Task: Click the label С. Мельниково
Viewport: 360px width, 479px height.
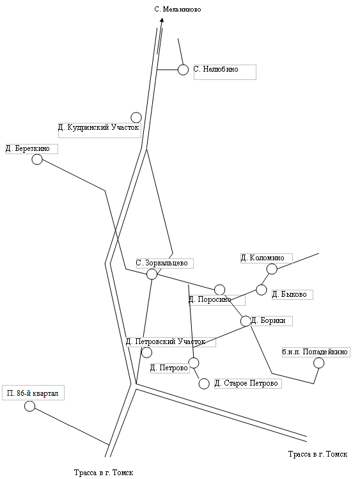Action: click(x=178, y=10)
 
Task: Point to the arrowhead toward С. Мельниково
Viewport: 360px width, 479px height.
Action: click(x=162, y=20)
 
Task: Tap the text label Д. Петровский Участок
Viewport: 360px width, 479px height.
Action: click(x=166, y=342)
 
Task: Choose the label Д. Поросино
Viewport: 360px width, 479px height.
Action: click(x=210, y=300)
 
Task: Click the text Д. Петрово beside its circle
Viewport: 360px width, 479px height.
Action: click(x=169, y=368)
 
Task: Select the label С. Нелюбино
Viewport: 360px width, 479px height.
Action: click(x=216, y=69)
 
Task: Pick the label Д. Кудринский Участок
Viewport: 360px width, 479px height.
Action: click(x=98, y=127)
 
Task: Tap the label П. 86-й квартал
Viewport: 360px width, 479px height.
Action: click(x=33, y=393)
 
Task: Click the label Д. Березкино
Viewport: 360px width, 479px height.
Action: click(x=27, y=149)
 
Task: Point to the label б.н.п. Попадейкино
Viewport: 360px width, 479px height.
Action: click(x=315, y=352)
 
